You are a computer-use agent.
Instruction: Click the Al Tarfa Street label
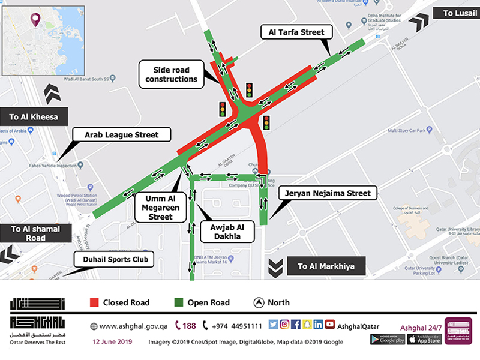tap(293, 32)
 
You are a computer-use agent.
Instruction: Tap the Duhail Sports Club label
tap(114, 260)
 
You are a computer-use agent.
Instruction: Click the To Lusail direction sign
tap(458, 13)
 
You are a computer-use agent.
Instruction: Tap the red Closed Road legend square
tap(94, 302)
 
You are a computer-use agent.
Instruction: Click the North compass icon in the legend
tap(259, 302)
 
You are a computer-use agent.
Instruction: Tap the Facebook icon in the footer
tap(296, 325)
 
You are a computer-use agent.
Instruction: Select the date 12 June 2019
tap(112, 341)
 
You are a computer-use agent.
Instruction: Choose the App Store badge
tap(424, 340)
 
